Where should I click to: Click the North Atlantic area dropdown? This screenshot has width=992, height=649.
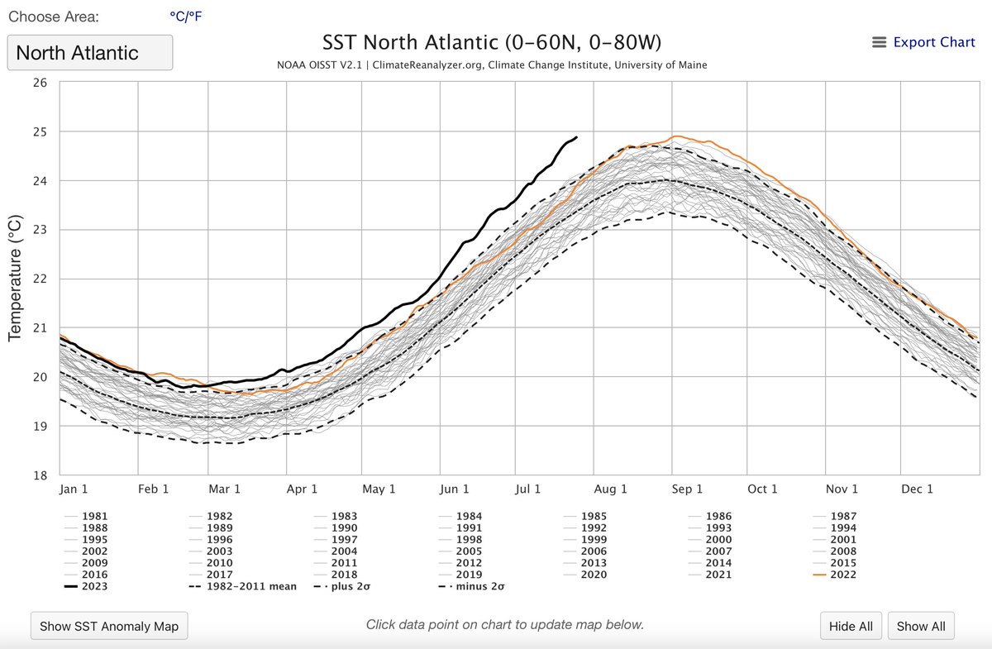(90, 53)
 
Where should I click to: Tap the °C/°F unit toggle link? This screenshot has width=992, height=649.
(185, 16)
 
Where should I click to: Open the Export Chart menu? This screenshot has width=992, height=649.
(923, 42)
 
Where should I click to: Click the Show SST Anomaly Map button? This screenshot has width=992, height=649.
(109, 626)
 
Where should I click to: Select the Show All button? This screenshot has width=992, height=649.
(920, 626)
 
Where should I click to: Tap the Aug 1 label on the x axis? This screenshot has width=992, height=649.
(612, 489)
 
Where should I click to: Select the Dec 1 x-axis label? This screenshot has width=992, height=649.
(917, 489)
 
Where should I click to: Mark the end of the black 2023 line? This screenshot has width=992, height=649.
(576, 137)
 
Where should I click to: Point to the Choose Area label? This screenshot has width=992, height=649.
(53, 17)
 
